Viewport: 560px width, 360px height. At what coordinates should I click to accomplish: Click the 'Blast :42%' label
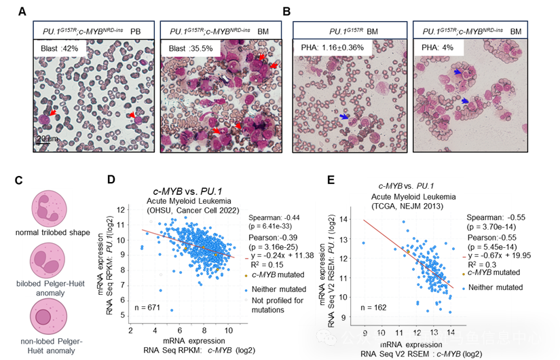pyautogui.click(x=59, y=49)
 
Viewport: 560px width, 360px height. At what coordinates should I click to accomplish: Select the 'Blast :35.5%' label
pyautogui.click(x=190, y=49)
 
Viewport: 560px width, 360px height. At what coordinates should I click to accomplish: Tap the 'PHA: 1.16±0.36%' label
pyautogui.click(x=332, y=48)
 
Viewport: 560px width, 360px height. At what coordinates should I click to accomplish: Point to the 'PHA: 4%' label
pyautogui.click(x=438, y=48)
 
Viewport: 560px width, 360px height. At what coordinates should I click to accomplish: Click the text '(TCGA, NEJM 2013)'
pyautogui.click(x=403, y=207)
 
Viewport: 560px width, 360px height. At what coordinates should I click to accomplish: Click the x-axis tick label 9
pyautogui.click(x=365, y=333)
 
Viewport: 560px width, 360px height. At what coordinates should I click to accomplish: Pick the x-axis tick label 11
pyautogui.click(x=399, y=333)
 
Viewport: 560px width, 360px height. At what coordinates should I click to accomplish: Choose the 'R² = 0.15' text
pyautogui.click(x=269, y=264)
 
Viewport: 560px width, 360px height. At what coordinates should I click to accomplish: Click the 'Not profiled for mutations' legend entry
pyautogui.click(x=278, y=305)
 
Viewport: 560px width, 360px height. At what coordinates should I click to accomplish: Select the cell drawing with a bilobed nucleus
pyautogui.click(x=48, y=259)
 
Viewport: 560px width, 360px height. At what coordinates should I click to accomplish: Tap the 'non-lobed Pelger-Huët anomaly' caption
pyautogui.click(x=48, y=346)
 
